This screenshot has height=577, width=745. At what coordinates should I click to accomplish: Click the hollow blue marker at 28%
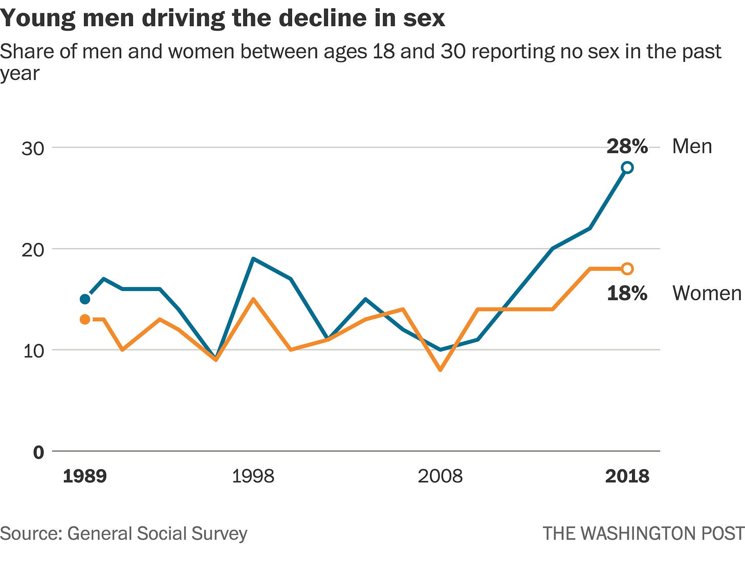627,168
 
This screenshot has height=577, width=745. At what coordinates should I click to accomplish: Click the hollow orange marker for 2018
627,269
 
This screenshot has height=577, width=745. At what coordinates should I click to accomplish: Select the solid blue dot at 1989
85,299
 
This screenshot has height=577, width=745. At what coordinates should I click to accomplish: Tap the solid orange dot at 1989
85,319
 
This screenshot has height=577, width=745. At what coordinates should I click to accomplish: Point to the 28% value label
627,147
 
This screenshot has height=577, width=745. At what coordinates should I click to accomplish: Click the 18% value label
627,294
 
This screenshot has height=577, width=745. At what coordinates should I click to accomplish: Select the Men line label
692,146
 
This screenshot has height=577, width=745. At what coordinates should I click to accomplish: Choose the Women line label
707,293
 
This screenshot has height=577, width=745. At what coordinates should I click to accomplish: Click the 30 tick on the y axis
33,148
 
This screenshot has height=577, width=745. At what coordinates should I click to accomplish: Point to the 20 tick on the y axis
33,250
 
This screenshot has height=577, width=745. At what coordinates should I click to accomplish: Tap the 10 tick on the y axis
33,351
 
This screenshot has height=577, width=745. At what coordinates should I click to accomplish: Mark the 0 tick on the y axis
38,452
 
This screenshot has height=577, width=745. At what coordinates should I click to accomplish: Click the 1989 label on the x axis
85,476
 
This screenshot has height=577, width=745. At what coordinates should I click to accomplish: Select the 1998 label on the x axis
253,476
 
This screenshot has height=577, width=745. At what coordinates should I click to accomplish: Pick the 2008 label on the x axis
440,476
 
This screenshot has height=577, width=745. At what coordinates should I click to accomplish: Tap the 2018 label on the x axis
627,476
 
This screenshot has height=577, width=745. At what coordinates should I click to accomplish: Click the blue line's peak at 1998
253,259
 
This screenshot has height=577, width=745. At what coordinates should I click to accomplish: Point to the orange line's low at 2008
440,369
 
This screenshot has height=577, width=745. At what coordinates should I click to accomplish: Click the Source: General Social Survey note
124,534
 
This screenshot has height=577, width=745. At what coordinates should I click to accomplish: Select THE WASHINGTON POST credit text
643,534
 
